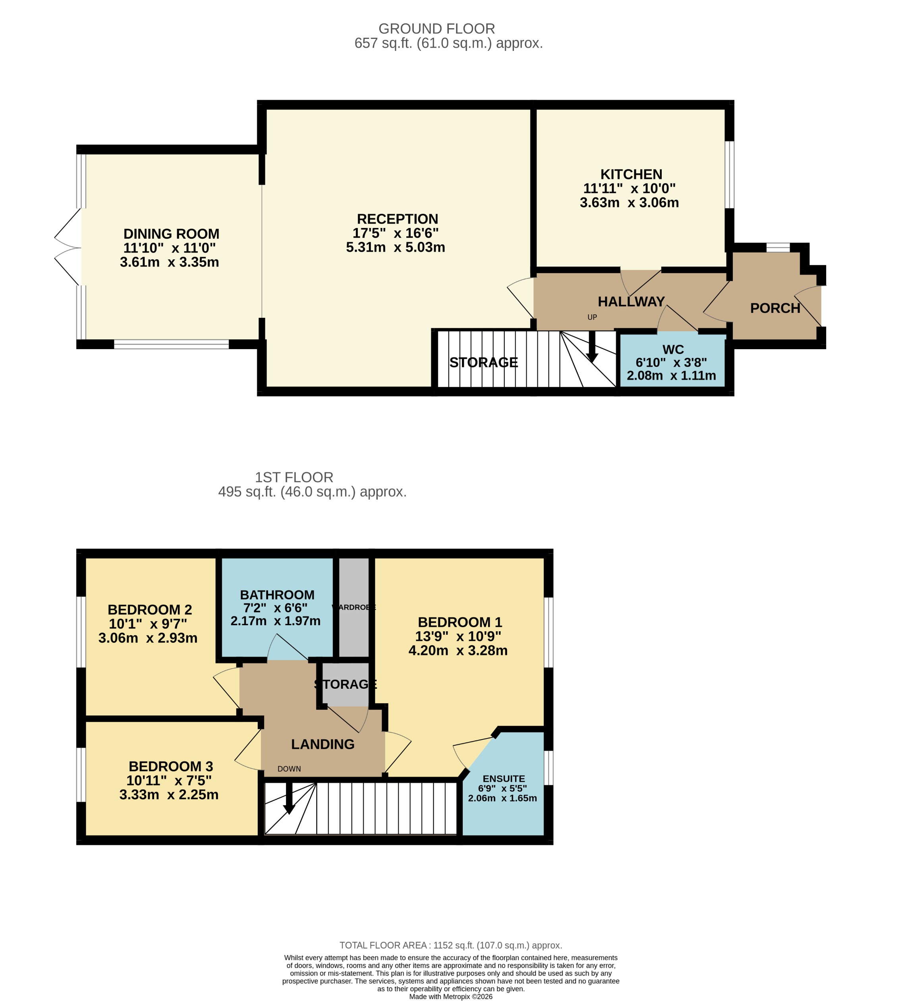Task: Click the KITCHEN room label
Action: pos(631,174)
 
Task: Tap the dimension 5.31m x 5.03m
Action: pos(396,247)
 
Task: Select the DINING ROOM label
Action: pos(171,234)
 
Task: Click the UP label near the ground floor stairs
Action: pos(592,317)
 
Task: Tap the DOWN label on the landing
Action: pos(289,769)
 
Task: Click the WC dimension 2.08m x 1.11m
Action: pos(671,376)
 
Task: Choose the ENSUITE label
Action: pos(504,779)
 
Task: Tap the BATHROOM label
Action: pos(277,595)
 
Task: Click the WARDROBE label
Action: pos(354,607)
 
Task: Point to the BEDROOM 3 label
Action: pos(170,766)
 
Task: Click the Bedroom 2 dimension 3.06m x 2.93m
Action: pos(148,638)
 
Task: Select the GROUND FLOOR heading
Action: pos(437,29)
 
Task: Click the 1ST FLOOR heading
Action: pos(294,477)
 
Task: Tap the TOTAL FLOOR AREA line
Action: pos(450,945)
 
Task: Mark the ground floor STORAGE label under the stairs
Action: pos(483,362)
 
